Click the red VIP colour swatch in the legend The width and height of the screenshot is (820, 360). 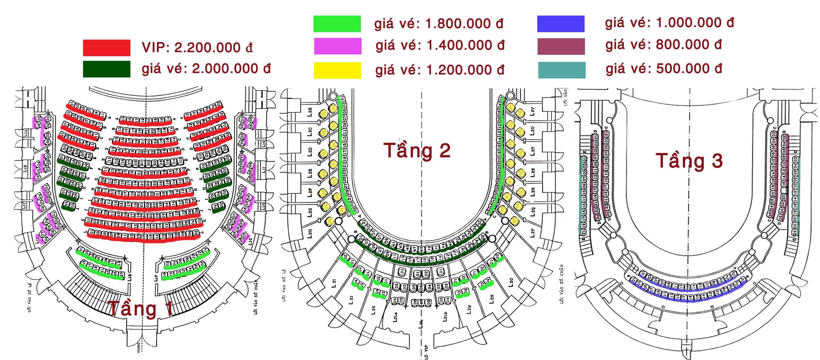pos(106,48)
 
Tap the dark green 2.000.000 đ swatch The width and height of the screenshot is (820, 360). pos(106,69)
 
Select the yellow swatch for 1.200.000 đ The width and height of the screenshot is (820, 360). pos(337,70)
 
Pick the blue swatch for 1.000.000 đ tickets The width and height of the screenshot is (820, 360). pos(561,24)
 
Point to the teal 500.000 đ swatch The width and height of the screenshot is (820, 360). pos(562,70)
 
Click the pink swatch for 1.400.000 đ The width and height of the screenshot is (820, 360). pos(338,46)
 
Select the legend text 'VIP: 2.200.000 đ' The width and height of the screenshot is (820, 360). pos(197,48)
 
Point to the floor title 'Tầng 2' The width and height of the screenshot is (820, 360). pos(417,150)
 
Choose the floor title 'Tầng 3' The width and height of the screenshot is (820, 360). pos(689,161)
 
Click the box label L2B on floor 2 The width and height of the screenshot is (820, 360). pos(310,111)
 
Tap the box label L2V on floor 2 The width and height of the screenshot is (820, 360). pos(533,111)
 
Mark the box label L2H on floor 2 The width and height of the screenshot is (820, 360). pos(310,233)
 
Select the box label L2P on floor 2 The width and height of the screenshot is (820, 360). pos(533,232)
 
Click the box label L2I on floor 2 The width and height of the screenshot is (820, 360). pos(334,283)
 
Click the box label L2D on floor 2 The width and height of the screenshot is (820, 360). pos(310,152)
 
